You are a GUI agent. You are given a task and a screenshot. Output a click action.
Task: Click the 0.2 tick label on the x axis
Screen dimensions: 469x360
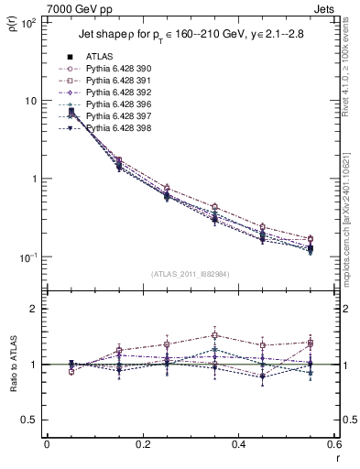pyautogui.click(x=142, y=446)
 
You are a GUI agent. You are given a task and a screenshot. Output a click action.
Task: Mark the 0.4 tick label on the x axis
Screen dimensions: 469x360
pyautogui.click(x=237, y=446)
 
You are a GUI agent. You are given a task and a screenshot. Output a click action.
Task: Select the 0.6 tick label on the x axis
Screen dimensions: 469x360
pyautogui.click(x=332, y=446)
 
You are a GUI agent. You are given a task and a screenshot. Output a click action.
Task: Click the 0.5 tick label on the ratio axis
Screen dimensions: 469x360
pyautogui.click(x=30, y=420)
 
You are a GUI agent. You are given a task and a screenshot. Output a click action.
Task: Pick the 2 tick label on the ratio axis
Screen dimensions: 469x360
pyautogui.click(x=35, y=310)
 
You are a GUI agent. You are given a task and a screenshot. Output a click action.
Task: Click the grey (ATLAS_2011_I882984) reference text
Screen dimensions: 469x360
pyautogui.click(x=191, y=274)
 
